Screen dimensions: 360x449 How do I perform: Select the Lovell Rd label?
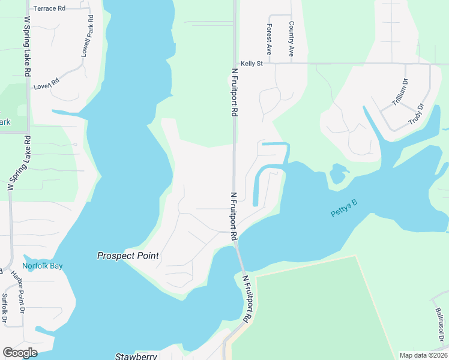47,86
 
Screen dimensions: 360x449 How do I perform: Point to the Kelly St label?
252,63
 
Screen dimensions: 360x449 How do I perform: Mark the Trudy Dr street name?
416,113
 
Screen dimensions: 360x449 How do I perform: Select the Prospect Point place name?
128,256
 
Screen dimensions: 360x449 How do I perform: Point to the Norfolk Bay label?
43,266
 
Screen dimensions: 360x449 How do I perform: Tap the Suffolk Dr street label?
5,307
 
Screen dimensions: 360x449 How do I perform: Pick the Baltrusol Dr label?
441,324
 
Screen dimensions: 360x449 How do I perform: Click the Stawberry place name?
136,356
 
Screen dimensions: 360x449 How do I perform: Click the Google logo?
20,352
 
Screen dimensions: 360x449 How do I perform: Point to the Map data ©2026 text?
423,355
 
